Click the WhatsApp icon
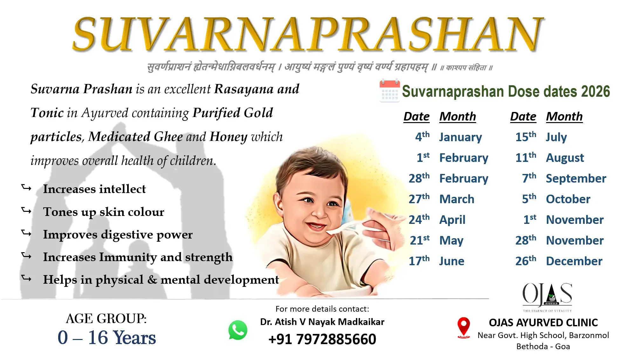click(238, 330)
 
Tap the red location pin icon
click(463, 328)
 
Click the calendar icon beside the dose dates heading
click(390, 91)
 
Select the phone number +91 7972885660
click(322, 339)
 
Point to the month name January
click(461, 137)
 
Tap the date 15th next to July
click(526, 137)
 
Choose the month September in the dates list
click(576, 179)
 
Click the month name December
click(574, 261)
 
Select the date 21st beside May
click(420, 240)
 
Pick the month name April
click(452, 220)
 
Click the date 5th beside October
click(529, 199)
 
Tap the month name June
click(452, 261)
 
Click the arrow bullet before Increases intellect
click(26, 188)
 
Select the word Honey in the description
click(229, 137)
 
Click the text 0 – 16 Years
click(107, 337)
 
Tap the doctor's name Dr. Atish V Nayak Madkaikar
click(322, 322)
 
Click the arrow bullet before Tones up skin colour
click(26, 211)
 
